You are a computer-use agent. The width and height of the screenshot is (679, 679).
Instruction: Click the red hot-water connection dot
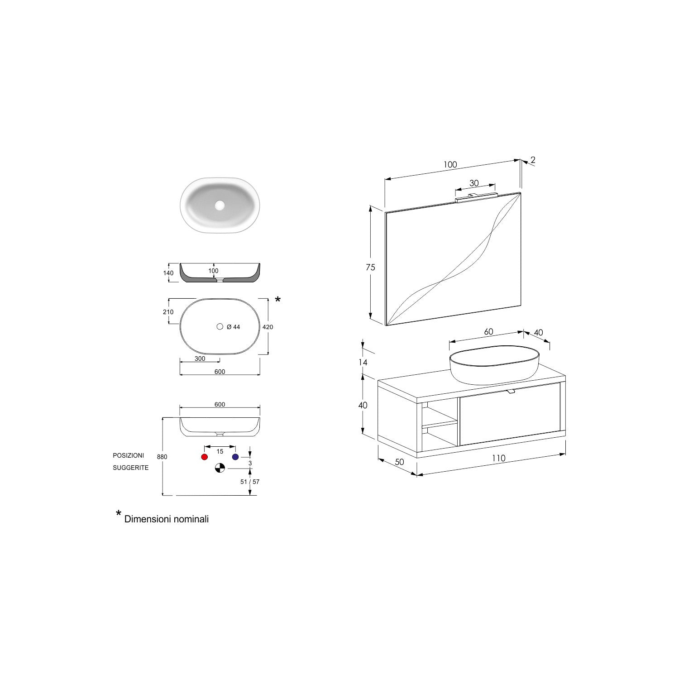pos(205,457)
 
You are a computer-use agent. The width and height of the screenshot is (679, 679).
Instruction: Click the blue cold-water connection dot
pos(235,457)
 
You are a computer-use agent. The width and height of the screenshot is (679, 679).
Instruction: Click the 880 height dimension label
pos(162,457)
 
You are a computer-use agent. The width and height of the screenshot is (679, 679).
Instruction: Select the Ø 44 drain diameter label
pos(233,327)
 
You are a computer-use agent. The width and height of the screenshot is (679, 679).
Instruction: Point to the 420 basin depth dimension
pos(268,327)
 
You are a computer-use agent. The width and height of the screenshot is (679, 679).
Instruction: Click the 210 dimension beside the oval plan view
pos(168,312)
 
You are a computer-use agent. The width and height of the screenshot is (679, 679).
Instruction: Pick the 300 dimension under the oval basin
pos(200,359)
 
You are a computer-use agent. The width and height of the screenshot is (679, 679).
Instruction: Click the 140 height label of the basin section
pos(168,273)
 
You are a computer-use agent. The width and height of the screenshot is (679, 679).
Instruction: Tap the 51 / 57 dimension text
pos(250,482)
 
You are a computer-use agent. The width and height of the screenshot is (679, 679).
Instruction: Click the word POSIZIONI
pos(129,455)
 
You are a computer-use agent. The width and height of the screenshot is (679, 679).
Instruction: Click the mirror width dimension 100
pos(450,165)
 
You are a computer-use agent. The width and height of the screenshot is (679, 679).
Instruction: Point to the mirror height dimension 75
pos(370,268)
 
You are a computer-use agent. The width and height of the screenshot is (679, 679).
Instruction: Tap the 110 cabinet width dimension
pos(498,458)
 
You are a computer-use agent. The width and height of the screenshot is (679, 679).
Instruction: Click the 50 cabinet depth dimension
pos(399,462)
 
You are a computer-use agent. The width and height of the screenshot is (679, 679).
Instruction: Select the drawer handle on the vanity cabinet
pos(511,391)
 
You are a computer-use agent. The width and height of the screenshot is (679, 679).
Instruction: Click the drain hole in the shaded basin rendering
pos(220,206)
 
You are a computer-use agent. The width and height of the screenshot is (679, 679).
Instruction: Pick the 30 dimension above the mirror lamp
pos(473,183)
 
